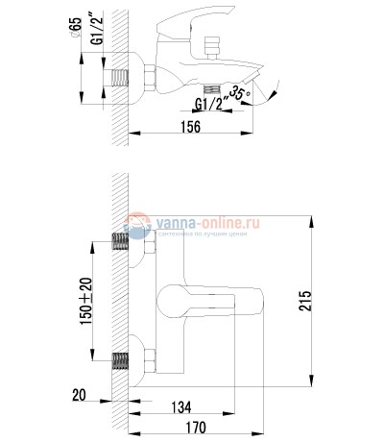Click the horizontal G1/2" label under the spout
(212, 104)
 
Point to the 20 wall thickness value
(79, 394)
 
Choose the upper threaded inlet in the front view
(122, 241)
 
